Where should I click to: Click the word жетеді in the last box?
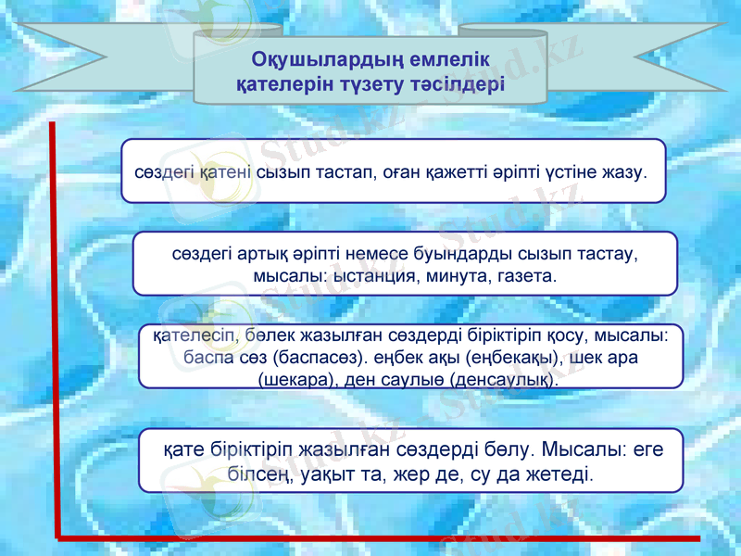pyautogui.click(x=557, y=474)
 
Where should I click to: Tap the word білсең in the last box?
pyautogui.click(x=260, y=474)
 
